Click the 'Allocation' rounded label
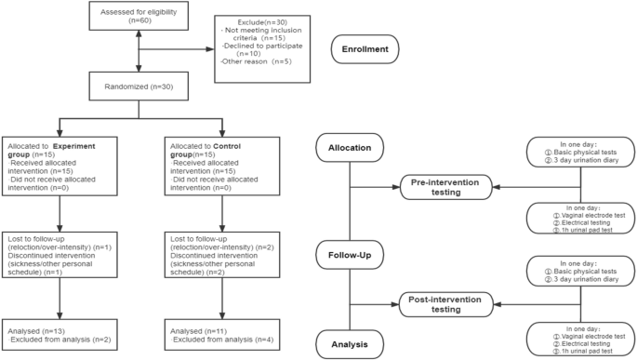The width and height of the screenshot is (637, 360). tap(350, 148)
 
